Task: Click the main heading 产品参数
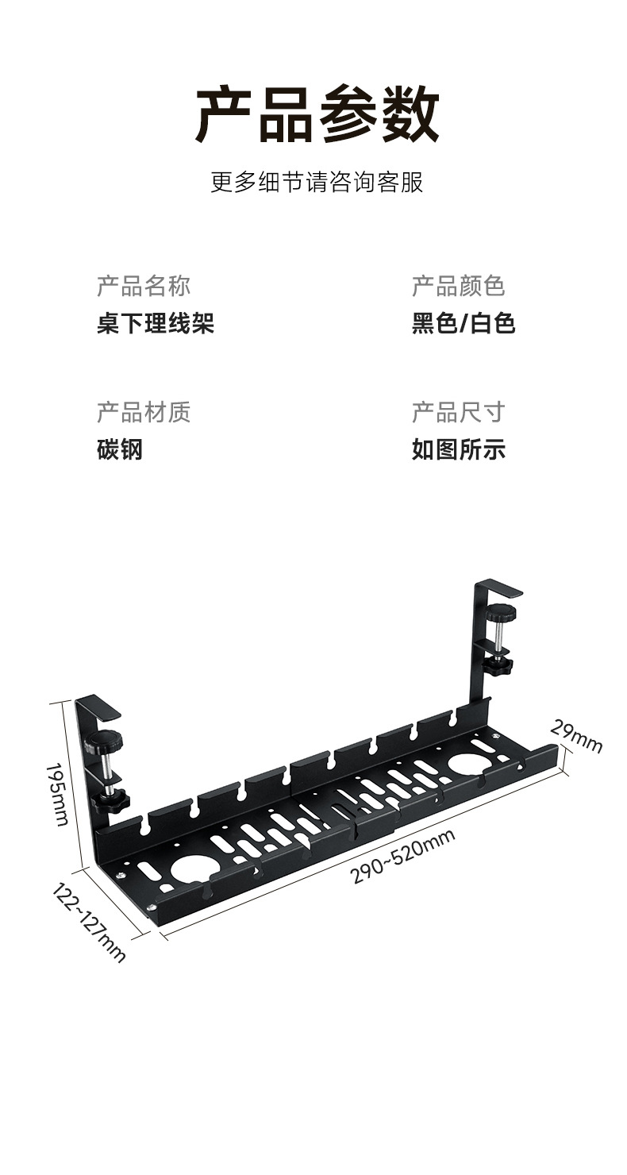tap(317, 115)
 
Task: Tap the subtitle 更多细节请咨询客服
tap(317, 182)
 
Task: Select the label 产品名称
tap(144, 286)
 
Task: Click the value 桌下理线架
tap(156, 323)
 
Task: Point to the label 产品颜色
tap(458, 286)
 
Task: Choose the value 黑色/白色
tap(464, 323)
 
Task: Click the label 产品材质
tap(144, 412)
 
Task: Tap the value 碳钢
tap(120, 449)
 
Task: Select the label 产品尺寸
tap(458, 412)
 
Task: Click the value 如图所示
tap(458, 449)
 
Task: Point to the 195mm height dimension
tap(57, 794)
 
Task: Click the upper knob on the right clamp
tap(501, 612)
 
